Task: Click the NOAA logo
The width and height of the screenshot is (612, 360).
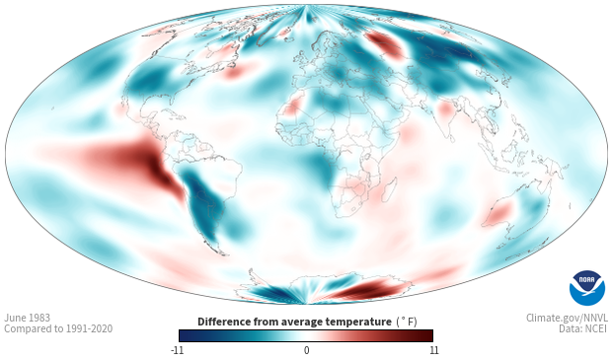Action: click(x=587, y=288)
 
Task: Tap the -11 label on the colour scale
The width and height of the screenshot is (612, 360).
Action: click(x=178, y=350)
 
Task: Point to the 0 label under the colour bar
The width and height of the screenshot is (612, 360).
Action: click(x=306, y=350)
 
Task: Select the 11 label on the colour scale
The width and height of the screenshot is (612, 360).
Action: click(x=434, y=350)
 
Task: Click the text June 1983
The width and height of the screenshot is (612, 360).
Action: click(x=28, y=318)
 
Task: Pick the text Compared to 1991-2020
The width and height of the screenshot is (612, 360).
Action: click(x=58, y=328)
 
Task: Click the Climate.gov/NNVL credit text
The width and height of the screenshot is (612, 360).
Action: click(x=567, y=318)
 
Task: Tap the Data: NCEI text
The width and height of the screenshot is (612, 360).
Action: click(x=583, y=328)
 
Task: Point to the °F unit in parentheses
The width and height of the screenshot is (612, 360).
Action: click(x=408, y=323)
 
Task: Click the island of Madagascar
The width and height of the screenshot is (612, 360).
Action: click(x=389, y=189)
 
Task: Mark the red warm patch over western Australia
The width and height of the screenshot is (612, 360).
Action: click(x=497, y=214)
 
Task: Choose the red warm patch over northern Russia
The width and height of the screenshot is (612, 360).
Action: click(x=384, y=43)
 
